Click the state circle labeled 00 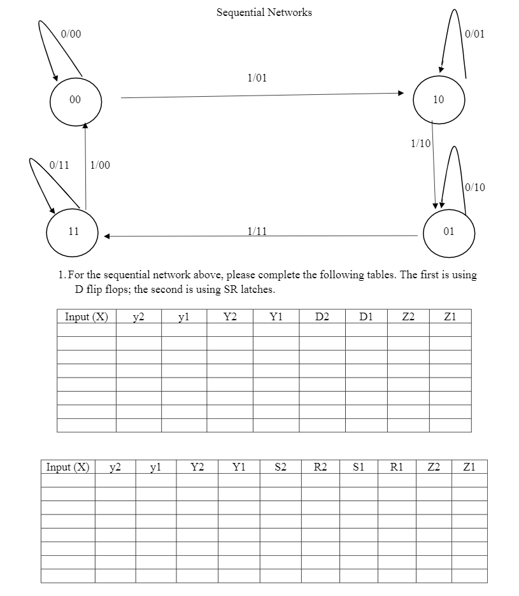pos(75,100)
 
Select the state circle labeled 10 pos(439,100)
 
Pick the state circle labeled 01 pos(448,231)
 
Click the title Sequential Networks pos(264,12)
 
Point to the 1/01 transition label pos(257,78)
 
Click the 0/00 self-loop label pos(71,34)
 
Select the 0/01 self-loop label pos(474,34)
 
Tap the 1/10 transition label pos(420,143)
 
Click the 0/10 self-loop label pos(475,187)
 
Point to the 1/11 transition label pos(257,230)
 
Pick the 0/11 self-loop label pos(59,165)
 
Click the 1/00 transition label pos(100,165)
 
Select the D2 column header pos(322,316)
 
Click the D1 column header pos(366,316)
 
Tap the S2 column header pos(280,467)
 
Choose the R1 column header pos(396,467)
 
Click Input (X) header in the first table pos(87,316)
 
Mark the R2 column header pos(320,467)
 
